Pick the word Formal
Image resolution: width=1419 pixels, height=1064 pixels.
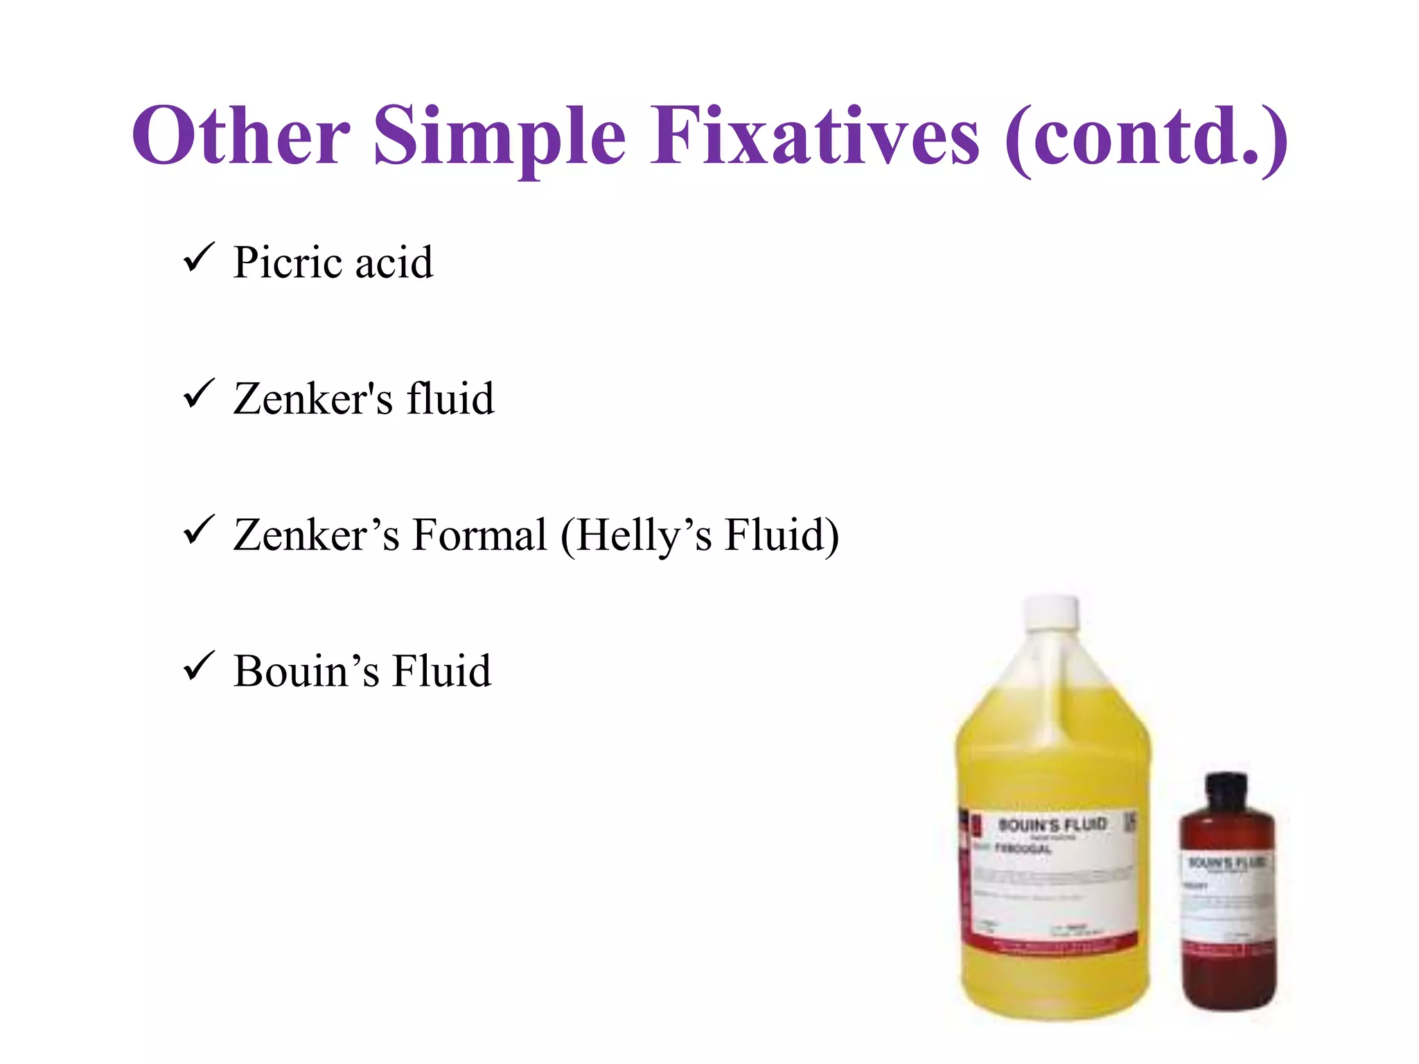click(479, 535)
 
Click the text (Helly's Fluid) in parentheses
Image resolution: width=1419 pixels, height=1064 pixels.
click(700, 536)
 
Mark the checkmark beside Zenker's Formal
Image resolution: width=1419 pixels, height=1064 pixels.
click(199, 531)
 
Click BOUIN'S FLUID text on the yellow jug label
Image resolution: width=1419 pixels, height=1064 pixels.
click(1052, 824)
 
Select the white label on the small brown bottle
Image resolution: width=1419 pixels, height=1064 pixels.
click(1227, 901)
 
